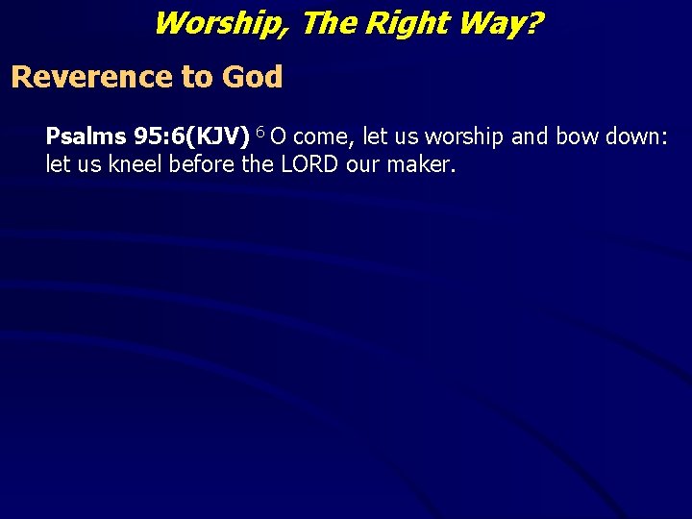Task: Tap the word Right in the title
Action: coord(397,22)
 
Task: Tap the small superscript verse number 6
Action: coord(259,133)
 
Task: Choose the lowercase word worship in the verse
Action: coord(461,137)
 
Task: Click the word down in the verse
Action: coord(635,137)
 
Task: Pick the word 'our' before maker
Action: coord(362,164)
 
